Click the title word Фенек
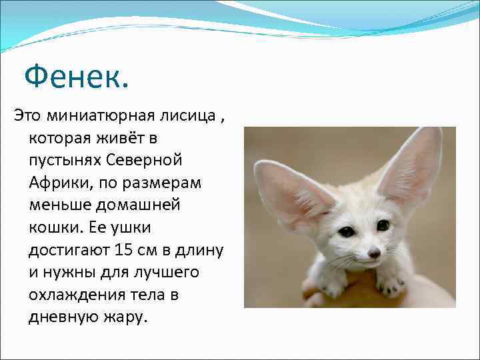click(75, 77)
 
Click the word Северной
click(148, 161)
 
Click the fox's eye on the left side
click(347, 232)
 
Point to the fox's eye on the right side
click(383, 225)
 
